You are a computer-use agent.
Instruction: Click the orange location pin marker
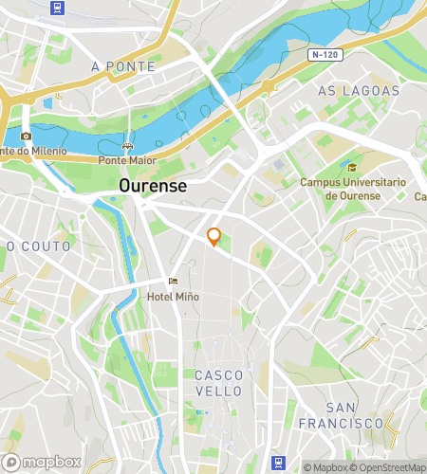[x=214, y=237]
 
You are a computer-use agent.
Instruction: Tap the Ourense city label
[x=153, y=187]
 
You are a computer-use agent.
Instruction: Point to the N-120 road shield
[x=325, y=56]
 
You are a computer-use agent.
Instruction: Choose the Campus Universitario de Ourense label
[x=352, y=189]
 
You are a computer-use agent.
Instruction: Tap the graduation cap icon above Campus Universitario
[x=352, y=167]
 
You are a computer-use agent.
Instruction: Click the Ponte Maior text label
[x=126, y=160]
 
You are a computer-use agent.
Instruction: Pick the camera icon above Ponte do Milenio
[x=26, y=136]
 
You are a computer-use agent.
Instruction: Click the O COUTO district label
[x=39, y=246]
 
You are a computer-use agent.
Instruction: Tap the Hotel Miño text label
[x=172, y=297]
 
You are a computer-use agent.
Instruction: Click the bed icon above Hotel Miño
[x=172, y=282]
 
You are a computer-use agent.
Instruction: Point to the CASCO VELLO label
[x=219, y=383]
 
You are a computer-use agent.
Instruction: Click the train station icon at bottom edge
[x=278, y=463]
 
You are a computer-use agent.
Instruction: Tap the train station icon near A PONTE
[x=58, y=9]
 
